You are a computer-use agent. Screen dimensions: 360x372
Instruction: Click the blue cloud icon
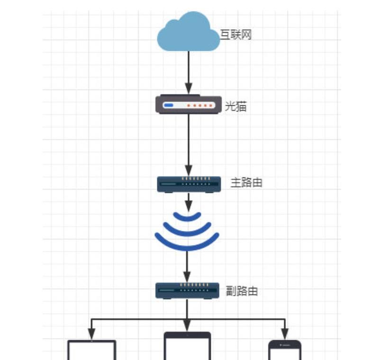click(188, 32)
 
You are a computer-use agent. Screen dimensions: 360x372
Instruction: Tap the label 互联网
click(236, 35)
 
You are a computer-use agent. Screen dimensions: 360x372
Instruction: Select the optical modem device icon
click(188, 105)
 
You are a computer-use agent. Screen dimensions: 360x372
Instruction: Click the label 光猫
click(235, 106)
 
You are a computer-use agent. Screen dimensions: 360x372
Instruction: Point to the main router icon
click(189, 184)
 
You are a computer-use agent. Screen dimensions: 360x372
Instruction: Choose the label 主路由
click(246, 183)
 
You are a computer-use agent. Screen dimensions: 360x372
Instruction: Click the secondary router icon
click(187, 290)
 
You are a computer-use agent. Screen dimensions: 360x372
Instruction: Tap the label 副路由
click(242, 291)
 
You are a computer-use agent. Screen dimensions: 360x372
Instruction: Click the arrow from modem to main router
click(189, 142)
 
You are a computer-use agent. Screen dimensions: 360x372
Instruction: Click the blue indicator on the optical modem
click(168, 105)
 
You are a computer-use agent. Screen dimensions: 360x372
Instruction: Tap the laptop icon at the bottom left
click(92, 350)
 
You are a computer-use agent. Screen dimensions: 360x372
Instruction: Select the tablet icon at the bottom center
click(187, 346)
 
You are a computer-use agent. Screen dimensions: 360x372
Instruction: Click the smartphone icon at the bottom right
click(284, 350)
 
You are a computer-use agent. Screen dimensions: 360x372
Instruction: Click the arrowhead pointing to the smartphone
click(284, 334)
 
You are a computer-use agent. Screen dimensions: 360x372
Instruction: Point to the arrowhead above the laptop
click(91, 334)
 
